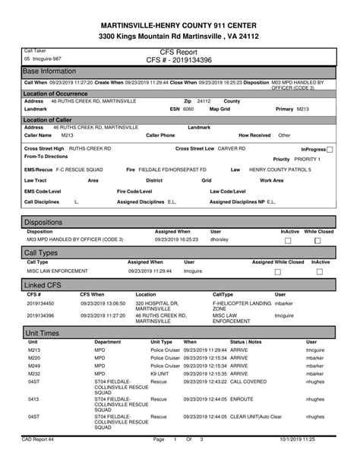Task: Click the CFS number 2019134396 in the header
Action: [x=179, y=59]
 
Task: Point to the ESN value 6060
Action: [x=188, y=109]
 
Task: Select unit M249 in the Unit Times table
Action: [x=34, y=366]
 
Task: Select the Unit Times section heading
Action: [x=43, y=333]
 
